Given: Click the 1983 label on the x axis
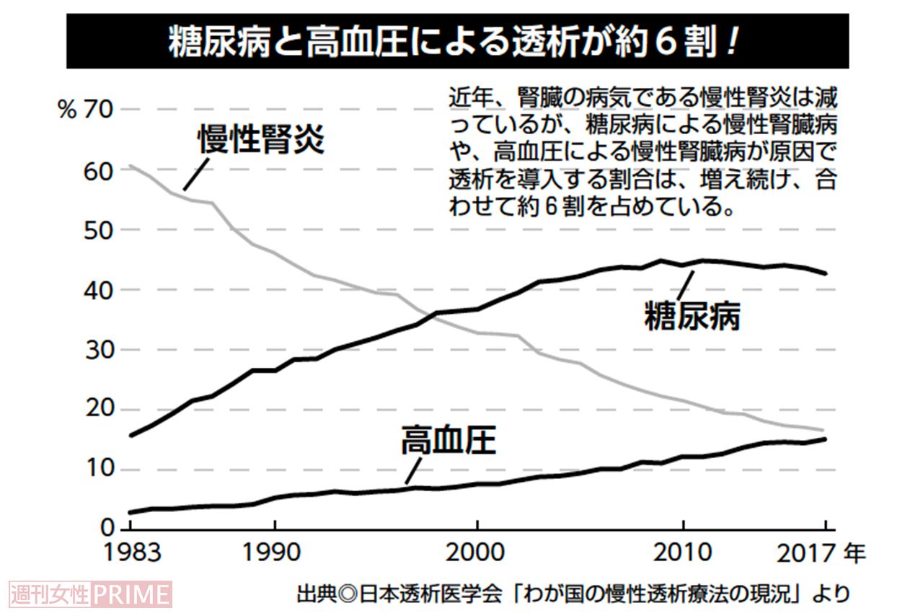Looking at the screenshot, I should [131, 554].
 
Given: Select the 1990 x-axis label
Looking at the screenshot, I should [274, 554].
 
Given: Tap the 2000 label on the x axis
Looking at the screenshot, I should [477, 554].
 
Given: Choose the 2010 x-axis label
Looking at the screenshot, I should [682, 554].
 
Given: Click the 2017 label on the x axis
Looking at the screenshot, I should [805, 554].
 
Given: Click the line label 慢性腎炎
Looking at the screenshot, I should [261, 140].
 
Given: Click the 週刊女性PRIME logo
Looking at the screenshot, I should [91, 594].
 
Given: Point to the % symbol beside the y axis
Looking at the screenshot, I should [67, 111].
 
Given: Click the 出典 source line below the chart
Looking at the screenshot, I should [573, 594].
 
